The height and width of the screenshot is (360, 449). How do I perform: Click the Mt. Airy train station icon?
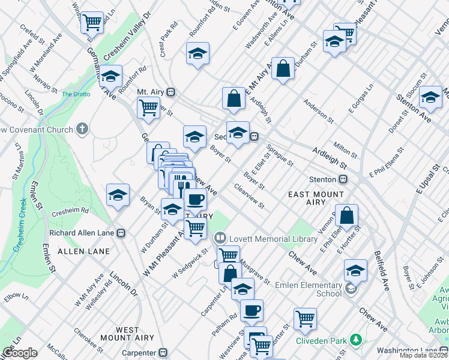(x=171, y=92)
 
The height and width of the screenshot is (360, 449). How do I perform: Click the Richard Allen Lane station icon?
(x=121, y=233)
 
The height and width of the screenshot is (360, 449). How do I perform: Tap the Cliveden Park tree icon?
(x=356, y=340)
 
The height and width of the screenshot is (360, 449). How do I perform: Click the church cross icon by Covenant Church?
(x=83, y=129)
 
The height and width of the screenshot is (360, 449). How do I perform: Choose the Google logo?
(x=19, y=353)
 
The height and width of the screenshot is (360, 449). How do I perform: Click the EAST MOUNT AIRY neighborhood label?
(x=317, y=199)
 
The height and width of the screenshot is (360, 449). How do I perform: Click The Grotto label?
(x=76, y=94)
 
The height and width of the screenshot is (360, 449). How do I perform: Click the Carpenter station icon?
(x=161, y=353)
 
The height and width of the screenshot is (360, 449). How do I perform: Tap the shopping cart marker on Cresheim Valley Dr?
(x=92, y=23)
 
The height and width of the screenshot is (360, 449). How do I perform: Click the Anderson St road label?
(x=318, y=110)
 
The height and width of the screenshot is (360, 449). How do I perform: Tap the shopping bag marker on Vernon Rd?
(x=347, y=215)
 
